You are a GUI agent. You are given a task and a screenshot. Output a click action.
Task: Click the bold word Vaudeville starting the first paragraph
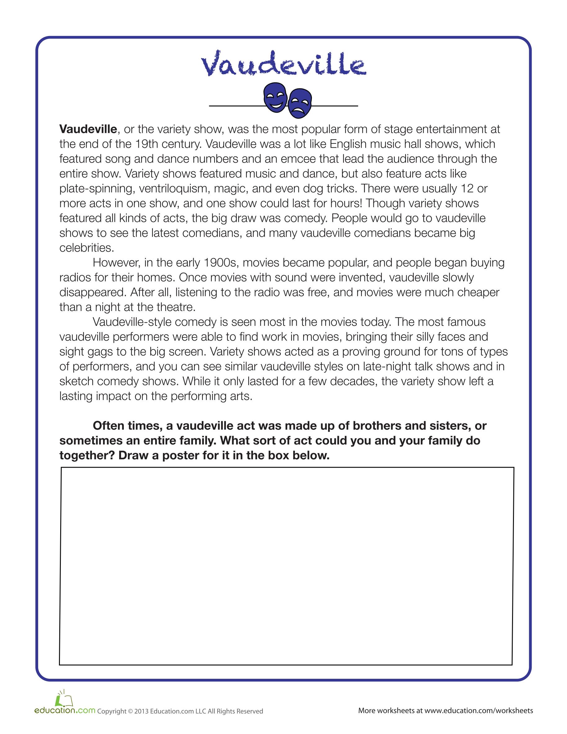coord(88,129)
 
